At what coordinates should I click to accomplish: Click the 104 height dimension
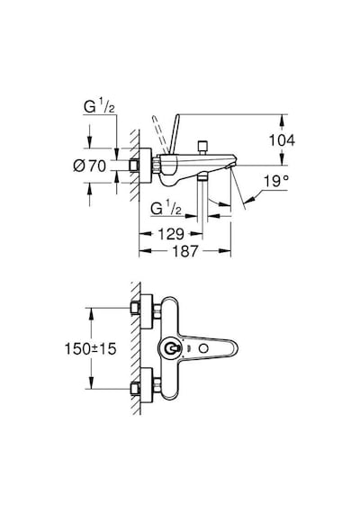282,140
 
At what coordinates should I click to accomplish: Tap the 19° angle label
276,181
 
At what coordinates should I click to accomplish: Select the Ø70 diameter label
90,166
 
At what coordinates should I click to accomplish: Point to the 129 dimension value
171,234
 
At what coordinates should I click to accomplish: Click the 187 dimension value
184,251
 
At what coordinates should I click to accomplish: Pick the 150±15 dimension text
90,348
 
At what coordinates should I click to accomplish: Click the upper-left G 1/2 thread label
99,106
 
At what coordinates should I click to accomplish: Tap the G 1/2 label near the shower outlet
166,208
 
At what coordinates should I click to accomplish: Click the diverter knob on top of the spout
202,148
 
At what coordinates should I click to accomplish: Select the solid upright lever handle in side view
174,133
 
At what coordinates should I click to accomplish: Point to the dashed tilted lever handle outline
159,133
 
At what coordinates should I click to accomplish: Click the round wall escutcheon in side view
146,166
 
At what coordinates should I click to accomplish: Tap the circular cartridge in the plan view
170,349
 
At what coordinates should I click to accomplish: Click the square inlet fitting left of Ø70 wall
134,166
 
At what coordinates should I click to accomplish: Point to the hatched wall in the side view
135,166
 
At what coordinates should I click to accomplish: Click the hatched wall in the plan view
136,348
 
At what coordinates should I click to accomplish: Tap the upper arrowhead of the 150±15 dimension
91,313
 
